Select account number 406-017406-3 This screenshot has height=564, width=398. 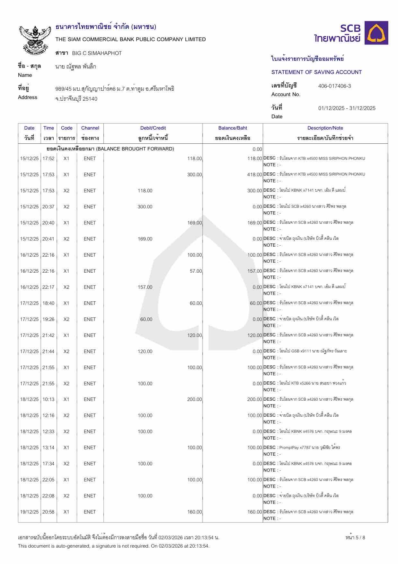coord(334,86)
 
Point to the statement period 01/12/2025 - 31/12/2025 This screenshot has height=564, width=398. coord(347,108)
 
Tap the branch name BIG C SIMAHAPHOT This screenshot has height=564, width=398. coord(97,53)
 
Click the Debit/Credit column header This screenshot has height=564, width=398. coord(153,128)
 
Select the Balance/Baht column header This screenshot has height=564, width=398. coord(233,128)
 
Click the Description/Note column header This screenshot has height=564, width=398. coord(325,128)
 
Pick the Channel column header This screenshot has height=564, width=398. coord(90,128)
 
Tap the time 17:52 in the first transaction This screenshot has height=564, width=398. coord(49,159)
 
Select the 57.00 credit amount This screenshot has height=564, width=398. coord(196,271)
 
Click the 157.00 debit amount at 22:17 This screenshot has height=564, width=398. coord(145,287)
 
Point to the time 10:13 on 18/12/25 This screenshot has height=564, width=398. coord(49,399)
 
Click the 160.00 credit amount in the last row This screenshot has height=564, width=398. coord(194,512)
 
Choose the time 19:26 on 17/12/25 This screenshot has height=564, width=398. coord(49,319)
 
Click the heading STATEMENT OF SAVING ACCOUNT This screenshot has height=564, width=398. coord(316,72)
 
